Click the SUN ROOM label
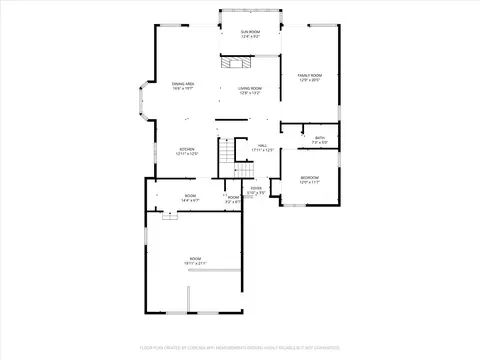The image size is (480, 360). point(250,32)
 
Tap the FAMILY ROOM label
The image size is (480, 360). point(309,75)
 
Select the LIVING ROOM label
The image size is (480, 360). point(250,88)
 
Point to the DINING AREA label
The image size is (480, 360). point(182,84)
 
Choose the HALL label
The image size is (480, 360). point(262,145)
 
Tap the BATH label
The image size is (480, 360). point(320,138)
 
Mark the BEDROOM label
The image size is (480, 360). point(309,177)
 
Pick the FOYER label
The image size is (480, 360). point(256,187)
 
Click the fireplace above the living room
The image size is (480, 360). point(236,66)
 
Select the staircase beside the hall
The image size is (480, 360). point(228,153)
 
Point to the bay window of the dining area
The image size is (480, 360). point(141,103)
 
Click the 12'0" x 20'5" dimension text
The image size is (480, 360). point(309,80)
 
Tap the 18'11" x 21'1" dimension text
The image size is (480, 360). point(196,264)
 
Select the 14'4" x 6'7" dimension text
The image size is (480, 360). point(190,201)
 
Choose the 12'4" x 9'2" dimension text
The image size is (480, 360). point(250,37)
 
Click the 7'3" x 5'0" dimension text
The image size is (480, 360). point(320,143)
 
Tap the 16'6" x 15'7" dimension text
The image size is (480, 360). point(182,89)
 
